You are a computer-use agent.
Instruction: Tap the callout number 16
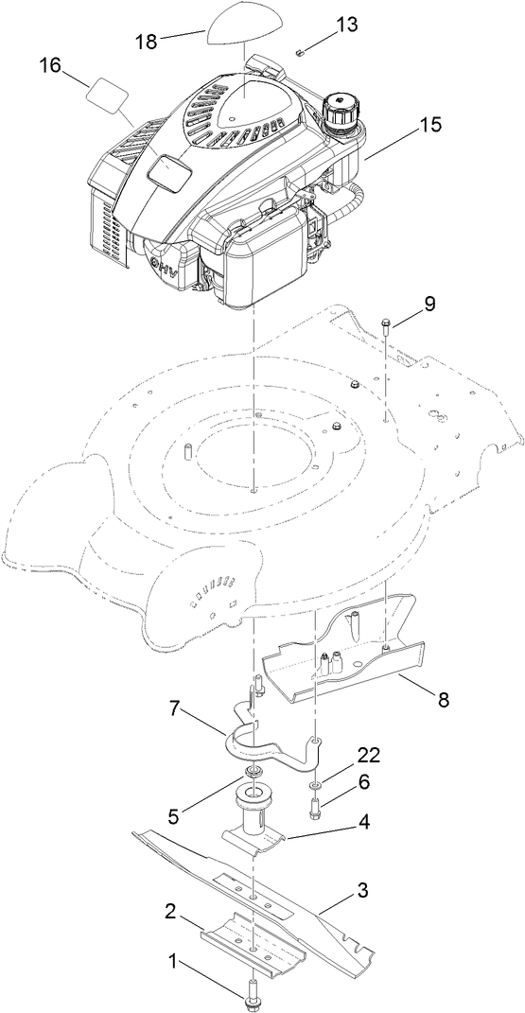[x=50, y=65]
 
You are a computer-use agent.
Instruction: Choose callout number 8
[x=444, y=701]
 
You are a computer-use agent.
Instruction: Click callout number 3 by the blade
[x=360, y=890]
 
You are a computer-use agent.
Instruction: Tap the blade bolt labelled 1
[x=254, y=995]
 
